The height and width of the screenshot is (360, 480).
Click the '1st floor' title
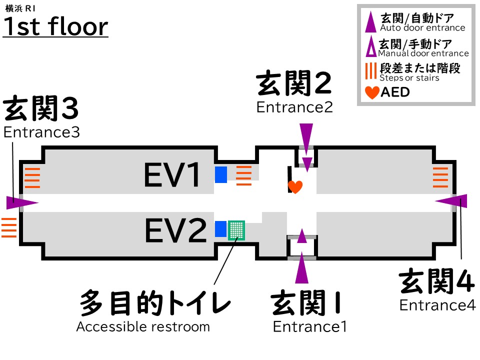point(55,27)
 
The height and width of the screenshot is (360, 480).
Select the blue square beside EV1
point(221,174)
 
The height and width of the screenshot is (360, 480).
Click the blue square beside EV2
point(220,229)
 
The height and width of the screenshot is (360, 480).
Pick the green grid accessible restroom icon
point(236,230)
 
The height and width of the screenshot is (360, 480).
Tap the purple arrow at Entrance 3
point(22,202)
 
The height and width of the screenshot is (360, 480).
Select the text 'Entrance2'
point(294,107)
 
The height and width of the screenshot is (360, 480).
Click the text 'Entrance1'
point(309,326)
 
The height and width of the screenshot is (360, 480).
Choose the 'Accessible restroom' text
point(143,327)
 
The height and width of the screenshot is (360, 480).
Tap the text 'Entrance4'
point(437,304)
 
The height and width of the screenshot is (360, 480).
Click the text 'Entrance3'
point(41,132)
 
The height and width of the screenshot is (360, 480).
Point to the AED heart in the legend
point(372,92)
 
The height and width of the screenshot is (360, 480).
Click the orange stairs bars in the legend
point(370,70)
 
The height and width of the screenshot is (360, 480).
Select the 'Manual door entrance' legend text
point(423,53)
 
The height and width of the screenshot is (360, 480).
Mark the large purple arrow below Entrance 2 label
point(306,135)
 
